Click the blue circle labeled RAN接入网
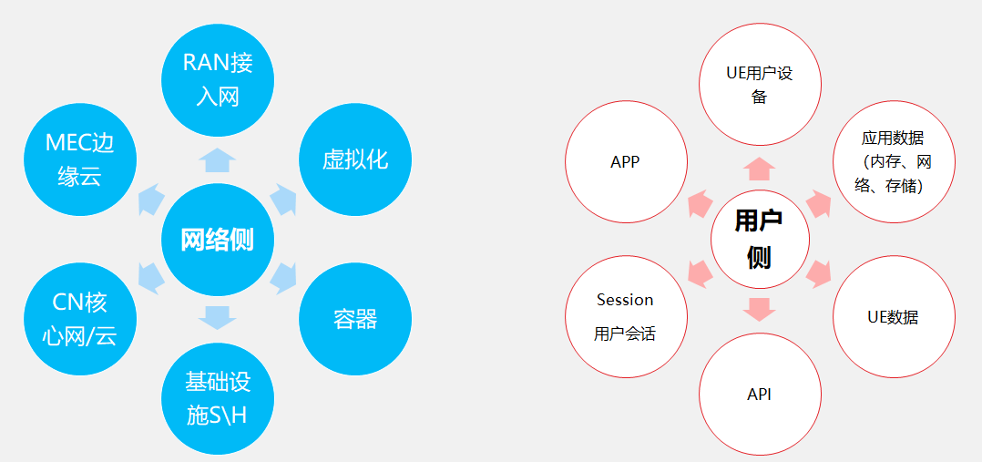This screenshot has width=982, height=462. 217,78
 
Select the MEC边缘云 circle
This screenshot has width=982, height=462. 80,159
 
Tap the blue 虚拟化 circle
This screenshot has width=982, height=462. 355,159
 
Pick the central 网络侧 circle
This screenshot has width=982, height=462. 217,241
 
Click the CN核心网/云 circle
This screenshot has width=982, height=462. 80,320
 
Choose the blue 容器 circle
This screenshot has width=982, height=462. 355,320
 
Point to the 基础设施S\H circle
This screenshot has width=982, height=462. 217,398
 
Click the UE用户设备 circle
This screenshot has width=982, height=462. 760,84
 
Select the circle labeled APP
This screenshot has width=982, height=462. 626,162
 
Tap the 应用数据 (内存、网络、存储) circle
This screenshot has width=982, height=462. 894,162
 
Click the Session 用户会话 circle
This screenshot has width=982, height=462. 626,316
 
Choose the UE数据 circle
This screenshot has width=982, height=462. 894,317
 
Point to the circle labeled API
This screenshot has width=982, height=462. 760,395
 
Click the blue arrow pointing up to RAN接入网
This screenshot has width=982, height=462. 217,160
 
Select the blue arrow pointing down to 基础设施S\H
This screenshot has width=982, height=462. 217,317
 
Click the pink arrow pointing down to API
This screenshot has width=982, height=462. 760,310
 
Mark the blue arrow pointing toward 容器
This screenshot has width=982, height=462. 284,276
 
